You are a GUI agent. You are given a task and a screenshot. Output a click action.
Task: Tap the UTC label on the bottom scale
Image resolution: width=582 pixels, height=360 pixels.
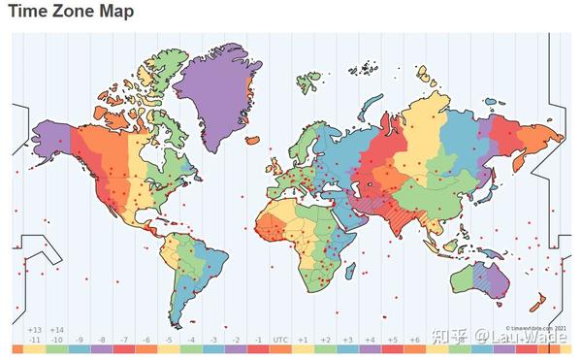(280, 340)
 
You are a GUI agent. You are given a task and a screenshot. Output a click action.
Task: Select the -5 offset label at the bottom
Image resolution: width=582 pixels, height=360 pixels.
(170, 340)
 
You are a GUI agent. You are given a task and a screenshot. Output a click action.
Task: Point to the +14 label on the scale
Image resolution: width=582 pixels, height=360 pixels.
(57, 330)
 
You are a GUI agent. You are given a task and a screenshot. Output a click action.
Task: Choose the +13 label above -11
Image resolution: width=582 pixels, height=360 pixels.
(35, 330)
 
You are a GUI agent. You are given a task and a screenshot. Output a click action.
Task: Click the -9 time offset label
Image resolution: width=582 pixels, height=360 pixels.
(80, 340)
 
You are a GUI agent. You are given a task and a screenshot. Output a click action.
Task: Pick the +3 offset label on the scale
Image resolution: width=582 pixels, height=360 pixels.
(348, 340)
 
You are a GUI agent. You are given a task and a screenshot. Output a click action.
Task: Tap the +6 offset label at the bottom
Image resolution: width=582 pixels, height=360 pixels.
(415, 340)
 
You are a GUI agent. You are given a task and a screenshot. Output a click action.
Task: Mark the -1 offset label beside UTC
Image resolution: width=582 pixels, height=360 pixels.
(258, 340)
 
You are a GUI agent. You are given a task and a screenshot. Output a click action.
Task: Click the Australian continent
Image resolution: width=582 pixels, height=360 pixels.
(480, 270)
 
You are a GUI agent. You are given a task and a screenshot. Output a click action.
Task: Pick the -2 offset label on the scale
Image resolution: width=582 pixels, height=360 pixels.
(236, 340)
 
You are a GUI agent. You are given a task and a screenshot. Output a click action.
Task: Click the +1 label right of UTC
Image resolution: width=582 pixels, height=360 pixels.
(303, 340)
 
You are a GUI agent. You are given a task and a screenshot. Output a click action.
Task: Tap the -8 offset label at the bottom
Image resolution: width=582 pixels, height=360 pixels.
(102, 340)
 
